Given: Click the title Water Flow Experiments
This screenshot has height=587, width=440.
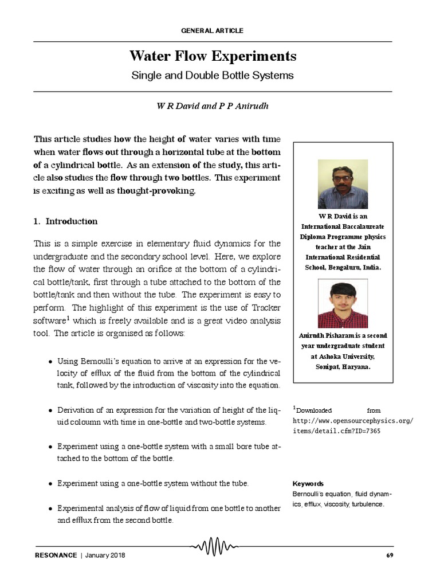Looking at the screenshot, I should tap(213, 57).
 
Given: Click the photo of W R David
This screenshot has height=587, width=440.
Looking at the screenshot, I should tap(343, 184).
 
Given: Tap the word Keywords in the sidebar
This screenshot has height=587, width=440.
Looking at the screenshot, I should tap(308, 483).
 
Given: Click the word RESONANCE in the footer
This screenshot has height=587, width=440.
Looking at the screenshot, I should tap(55, 555).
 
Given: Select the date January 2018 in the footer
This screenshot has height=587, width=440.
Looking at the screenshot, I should tap(105, 555).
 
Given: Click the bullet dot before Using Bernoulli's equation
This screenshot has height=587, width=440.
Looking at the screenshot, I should tap(52, 362).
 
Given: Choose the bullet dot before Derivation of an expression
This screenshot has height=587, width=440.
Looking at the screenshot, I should tap(52, 411).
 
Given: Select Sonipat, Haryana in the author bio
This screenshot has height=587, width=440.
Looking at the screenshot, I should tap(343, 366).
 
